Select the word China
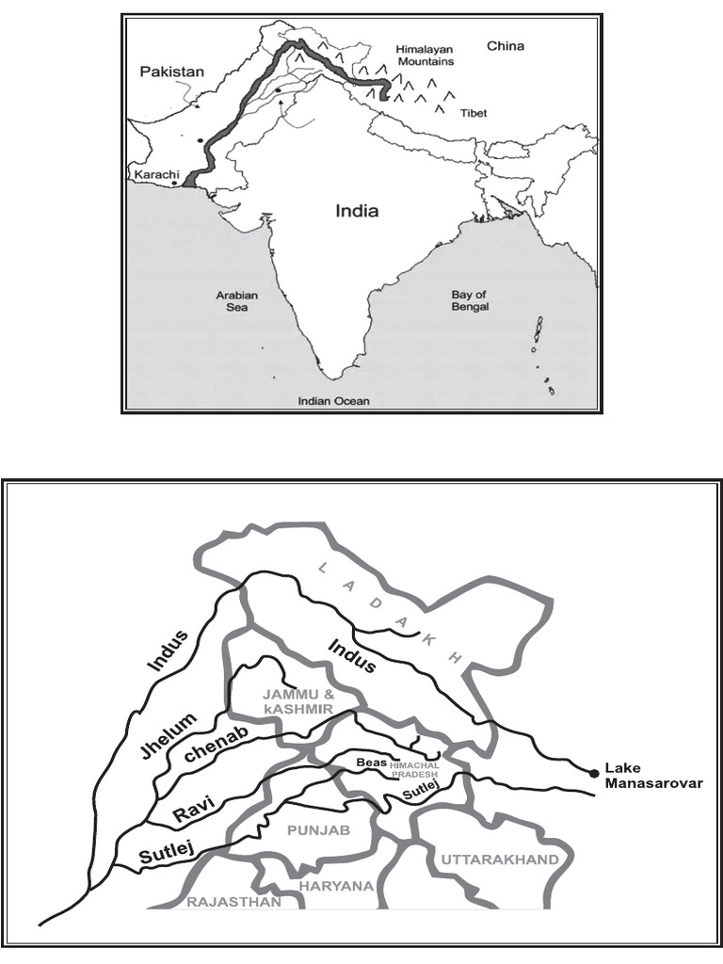coord(506,45)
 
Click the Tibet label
coord(474,113)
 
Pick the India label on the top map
coord(357,211)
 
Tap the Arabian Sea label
coord(236,301)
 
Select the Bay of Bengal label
coord(469,301)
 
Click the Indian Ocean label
coord(333,401)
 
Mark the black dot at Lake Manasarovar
coord(594,774)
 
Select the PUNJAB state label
coord(319,830)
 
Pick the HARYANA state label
coord(337,886)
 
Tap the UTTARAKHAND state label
coord(499,860)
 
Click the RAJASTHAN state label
coord(233,902)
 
